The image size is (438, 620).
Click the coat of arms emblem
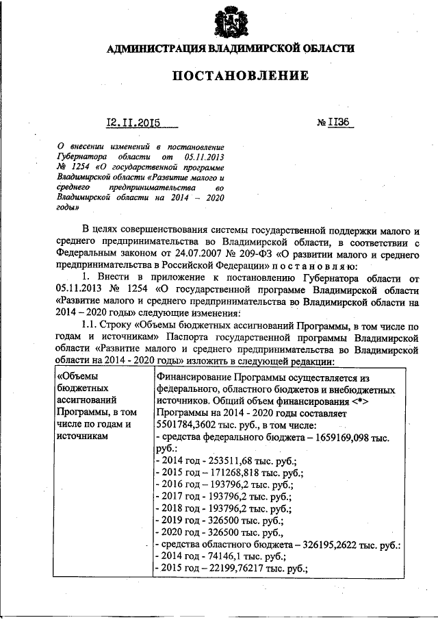tap(229, 22)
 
